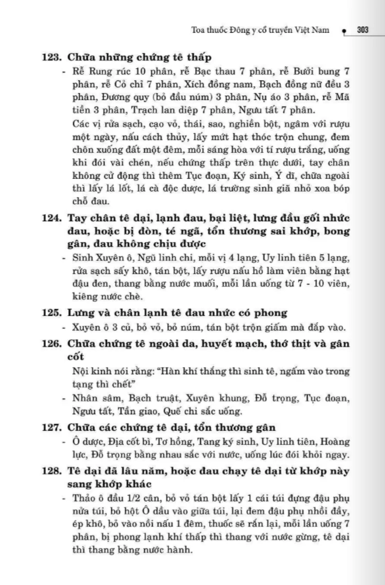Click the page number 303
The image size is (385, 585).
click(362, 29)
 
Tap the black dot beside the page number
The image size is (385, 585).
click(345, 30)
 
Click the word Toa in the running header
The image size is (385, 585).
click(200, 30)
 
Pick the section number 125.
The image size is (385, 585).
click(51, 312)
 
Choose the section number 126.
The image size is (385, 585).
click(51, 344)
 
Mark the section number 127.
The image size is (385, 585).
click(51, 428)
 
